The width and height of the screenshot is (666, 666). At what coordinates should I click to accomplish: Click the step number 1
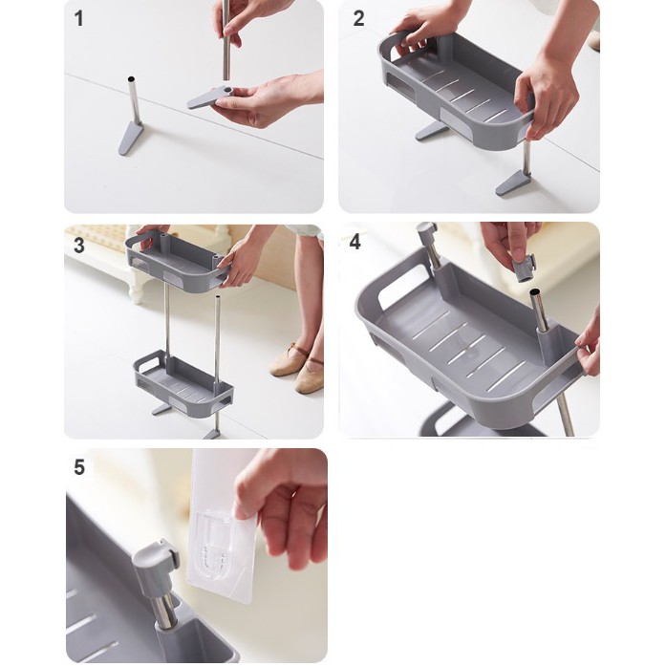(79, 19)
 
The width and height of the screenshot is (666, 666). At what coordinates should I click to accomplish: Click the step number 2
(358, 19)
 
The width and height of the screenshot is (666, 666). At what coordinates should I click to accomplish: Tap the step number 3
(79, 246)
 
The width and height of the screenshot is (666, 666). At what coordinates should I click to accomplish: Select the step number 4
(354, 242)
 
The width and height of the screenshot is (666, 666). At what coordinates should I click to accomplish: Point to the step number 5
(79, 467)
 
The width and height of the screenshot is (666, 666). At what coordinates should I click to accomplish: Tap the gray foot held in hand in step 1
(209, 97)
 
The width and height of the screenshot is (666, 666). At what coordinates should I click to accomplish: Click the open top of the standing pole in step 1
(131, 79)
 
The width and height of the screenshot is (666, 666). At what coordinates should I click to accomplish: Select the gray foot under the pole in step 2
(513, 183)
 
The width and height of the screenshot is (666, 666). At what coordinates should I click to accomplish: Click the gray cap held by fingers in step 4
(524, 268)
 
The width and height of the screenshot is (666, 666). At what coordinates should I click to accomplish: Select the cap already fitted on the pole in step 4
(426, 232)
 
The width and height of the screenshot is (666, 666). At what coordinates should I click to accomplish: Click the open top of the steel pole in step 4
(535, 292)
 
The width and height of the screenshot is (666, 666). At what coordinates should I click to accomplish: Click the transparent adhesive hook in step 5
(221, 544)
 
